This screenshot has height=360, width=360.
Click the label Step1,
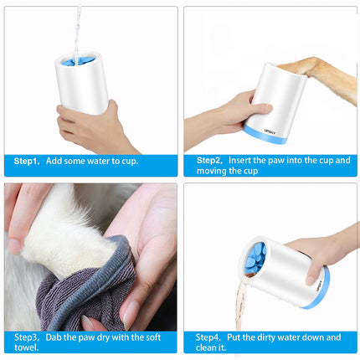tap(25, 160)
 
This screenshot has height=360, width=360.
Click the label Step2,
tap(208, 159)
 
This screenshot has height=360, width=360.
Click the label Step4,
tap(208, 337)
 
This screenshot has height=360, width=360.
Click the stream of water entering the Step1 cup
tap(78, 29)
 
